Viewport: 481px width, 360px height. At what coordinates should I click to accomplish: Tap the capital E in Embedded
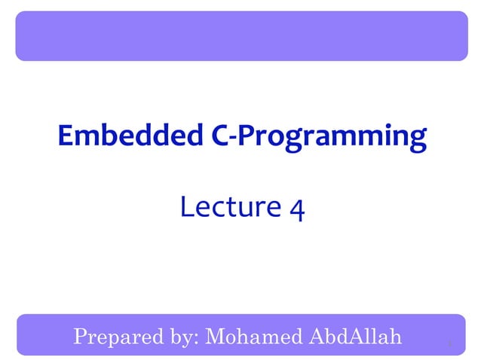tap(66, 136)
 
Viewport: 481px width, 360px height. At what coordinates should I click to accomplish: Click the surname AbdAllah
tap(354, 335)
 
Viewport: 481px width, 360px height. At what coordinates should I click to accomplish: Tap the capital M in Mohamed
tap(214, 335)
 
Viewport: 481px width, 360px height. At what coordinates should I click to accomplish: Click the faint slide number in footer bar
tap(449, 344)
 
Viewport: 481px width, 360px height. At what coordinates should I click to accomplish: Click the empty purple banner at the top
tap(241, 35)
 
